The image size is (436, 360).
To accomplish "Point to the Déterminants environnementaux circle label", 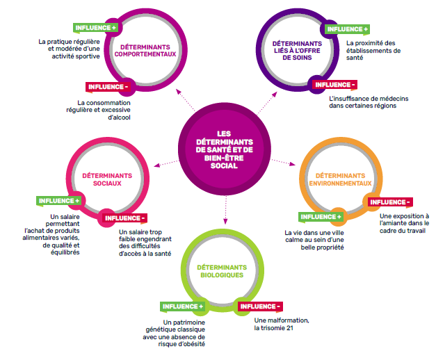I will coord(339,180).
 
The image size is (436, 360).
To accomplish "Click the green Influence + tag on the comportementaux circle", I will coord(96,28).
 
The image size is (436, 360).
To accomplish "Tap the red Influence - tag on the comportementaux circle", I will coord(108,87).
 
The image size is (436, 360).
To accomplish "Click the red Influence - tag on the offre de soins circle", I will coord(335,85).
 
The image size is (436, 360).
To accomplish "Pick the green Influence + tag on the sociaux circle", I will coord(58,201).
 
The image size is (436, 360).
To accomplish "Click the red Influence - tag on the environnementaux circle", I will coord(390,202).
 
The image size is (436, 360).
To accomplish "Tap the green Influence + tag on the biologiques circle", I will coord(183,306).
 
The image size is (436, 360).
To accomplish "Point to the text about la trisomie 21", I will coord(282,323).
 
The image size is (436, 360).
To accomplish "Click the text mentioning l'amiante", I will coord(405,223).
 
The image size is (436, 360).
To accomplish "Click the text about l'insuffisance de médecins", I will coord(369,103).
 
